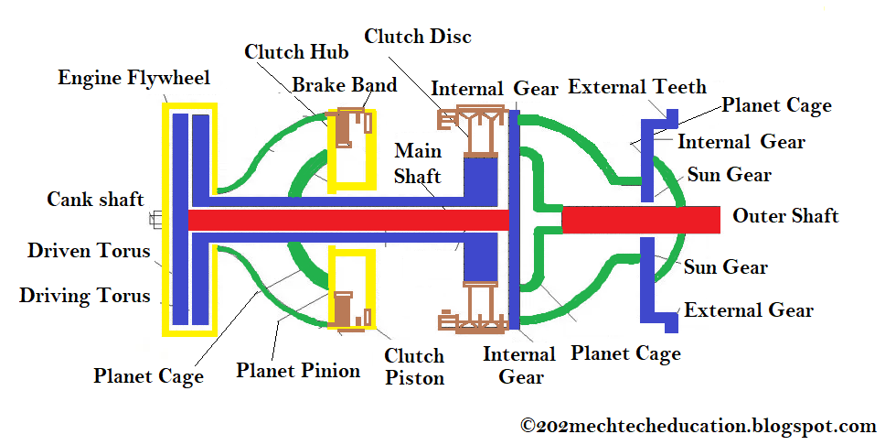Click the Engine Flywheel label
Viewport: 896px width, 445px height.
point(133,77)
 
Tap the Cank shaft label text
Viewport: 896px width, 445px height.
point(95,199)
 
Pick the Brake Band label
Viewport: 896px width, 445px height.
point(345,85)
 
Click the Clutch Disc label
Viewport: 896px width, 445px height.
point(418,37)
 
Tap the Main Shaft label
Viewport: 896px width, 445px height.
point(417,163)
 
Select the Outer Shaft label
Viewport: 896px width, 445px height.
point(785,216)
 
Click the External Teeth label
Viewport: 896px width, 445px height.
point(637,87)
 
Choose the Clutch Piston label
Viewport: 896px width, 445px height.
point(414,366)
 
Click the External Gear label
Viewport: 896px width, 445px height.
point(749,309)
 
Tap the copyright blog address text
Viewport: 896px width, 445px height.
point(699,425)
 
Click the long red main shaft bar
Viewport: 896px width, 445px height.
point(347,220)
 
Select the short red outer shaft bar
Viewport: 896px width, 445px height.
point(640,220)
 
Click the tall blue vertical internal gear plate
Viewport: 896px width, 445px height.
point(514,220)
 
